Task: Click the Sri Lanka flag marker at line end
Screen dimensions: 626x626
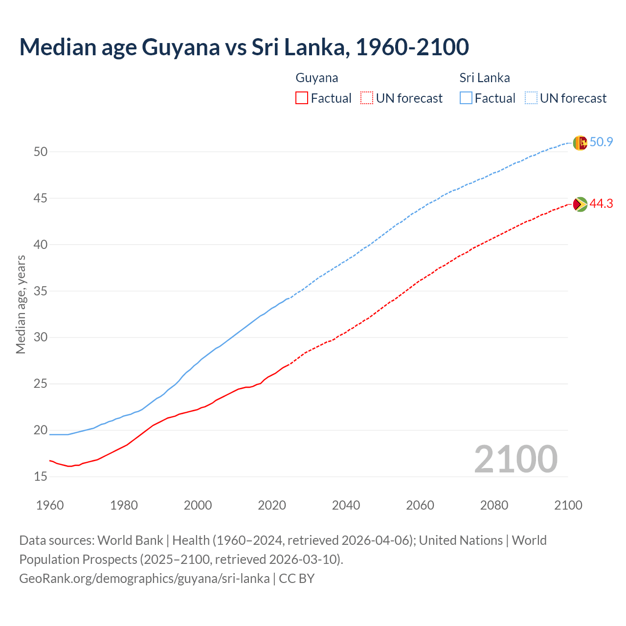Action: [580, 143]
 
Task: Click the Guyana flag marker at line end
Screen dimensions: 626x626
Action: [580, 204]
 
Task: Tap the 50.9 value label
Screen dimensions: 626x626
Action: [601, 142]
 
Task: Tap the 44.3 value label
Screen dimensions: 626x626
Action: [601, 203]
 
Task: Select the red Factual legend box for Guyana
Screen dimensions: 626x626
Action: [302, 98]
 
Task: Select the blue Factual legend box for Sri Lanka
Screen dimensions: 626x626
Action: [466, 98]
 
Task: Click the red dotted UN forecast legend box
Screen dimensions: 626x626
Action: [367, 98]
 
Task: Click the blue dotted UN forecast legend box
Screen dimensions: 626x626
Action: [531, 98]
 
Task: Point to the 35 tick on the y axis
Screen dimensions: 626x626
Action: [41, 291]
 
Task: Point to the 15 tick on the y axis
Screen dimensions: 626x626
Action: [41, 476]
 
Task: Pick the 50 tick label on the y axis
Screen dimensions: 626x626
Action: [41, 152]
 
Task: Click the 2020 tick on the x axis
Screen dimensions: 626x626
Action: [272, 505]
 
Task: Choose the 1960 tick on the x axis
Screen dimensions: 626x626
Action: [50, 505]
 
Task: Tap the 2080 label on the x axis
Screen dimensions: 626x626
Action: [494, 505]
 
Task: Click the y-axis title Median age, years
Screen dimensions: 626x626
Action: [21, 304]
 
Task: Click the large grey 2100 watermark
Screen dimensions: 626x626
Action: [515, 459]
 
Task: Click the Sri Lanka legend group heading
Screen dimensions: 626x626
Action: [485, 78]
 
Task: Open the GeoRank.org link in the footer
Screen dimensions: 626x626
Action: [144, 579]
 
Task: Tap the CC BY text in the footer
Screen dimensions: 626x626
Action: [297, 579]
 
